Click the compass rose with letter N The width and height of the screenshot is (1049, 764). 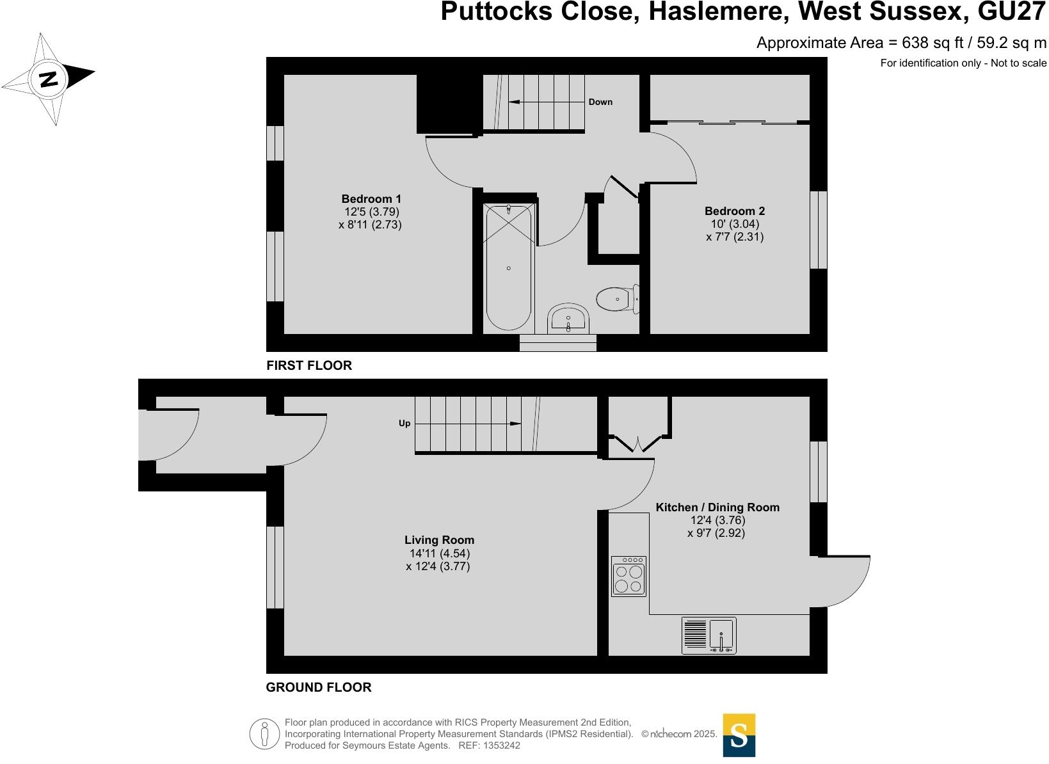click(49, 79)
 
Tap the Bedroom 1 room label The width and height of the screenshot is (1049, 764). click(371, 199)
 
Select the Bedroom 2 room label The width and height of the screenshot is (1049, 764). click(734, 211)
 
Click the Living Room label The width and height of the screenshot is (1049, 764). click(439, 540)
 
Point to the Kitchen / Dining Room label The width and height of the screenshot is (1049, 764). click(717, 507)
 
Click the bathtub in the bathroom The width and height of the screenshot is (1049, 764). click(508, 267)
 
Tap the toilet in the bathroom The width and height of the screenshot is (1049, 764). click(617, 299)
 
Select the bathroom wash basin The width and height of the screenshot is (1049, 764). click(568, 319)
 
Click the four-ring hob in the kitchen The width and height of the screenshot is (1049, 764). click(628, 577)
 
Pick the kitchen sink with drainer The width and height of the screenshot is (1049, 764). click(709, 635)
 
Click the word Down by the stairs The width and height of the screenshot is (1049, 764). click(600, 102)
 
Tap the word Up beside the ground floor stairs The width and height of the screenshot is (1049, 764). click(404, 424)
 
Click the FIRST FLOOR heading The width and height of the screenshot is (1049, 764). click(309, 365)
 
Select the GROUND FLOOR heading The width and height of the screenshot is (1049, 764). click(318, 687)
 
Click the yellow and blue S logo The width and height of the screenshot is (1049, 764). click(739, 735)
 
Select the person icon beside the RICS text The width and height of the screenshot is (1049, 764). click(263, 734)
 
